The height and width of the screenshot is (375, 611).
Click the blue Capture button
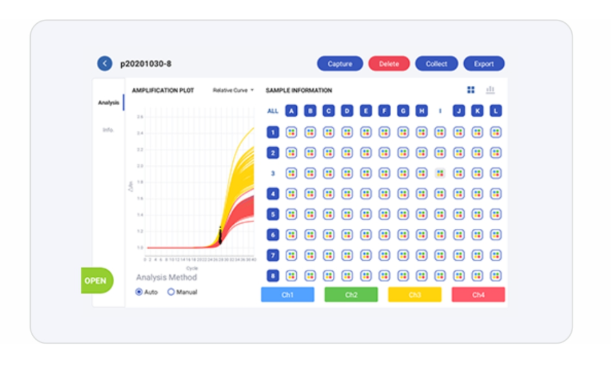340,63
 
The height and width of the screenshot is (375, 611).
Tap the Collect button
436,63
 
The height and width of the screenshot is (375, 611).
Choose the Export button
483,63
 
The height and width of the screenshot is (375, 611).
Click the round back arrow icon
105,63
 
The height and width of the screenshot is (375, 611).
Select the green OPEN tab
96,281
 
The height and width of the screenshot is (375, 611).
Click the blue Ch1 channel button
287,294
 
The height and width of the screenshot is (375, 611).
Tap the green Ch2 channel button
351,294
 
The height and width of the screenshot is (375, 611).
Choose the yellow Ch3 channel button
414,294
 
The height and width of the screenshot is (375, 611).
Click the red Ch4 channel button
478,294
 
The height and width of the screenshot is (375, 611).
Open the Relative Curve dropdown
233,90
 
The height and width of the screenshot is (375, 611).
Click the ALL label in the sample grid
273,111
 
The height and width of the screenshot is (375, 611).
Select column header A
291,111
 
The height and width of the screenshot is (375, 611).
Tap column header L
496,111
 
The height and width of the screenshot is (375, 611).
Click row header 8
272,276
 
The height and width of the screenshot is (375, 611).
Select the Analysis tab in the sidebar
108,103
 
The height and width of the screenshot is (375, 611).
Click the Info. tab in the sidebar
108,130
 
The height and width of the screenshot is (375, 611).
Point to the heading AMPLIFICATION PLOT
163,90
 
